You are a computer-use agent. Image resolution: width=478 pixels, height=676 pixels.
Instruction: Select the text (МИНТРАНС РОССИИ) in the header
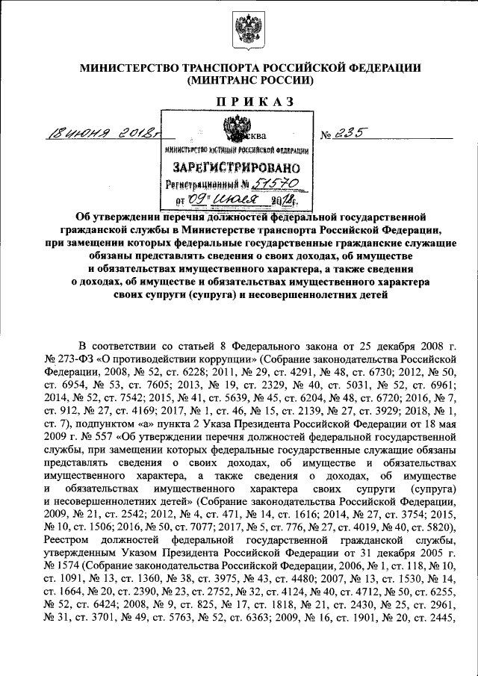point(240,79)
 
